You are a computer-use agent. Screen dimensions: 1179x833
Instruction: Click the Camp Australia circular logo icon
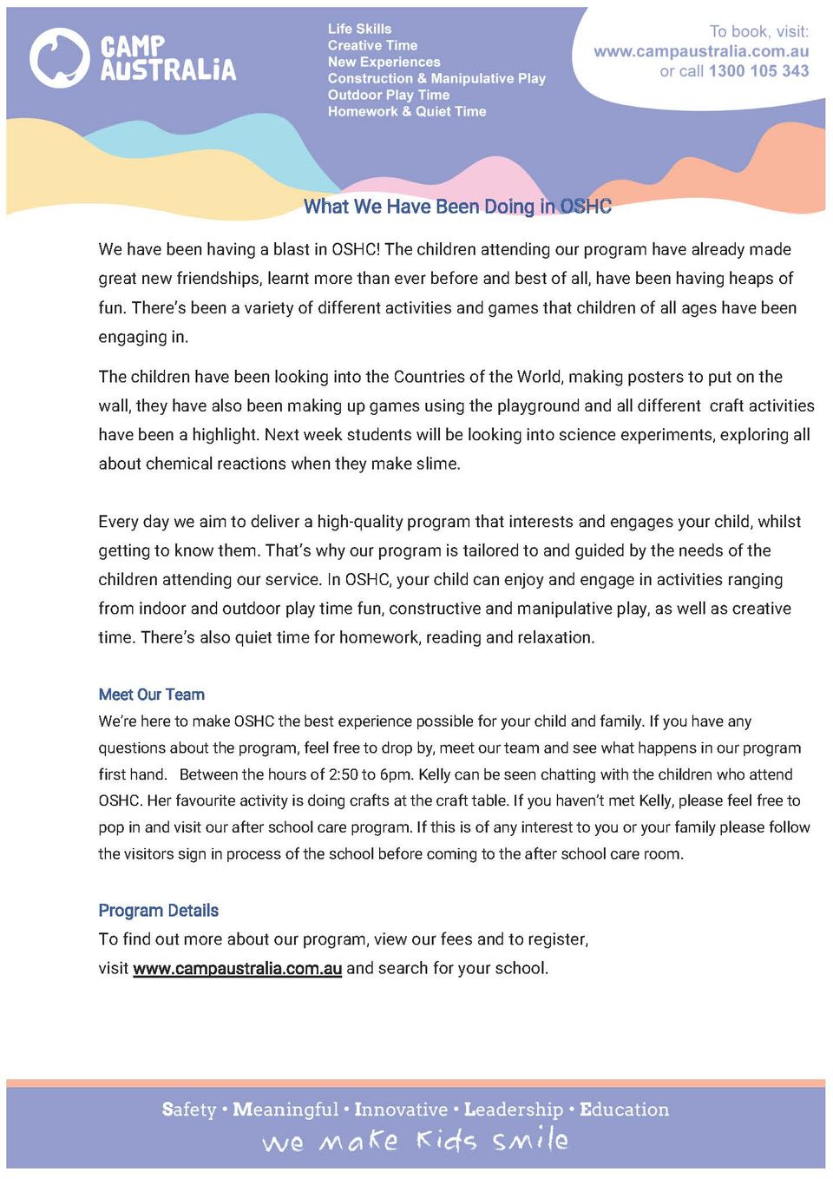click(59, 58)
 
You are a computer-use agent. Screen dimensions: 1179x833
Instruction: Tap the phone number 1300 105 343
click(758, 71)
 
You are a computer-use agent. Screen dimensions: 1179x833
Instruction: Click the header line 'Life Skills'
click(359, 29)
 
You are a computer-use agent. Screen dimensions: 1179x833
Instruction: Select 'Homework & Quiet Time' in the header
click(406, 111)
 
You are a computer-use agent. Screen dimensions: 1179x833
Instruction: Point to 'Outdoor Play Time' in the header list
click(388, 95)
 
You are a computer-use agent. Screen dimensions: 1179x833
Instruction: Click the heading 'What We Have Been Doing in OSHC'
click(457, 207)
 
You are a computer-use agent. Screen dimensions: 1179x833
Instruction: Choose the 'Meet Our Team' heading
click(152, 695)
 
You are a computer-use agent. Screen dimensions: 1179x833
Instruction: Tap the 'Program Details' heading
click(158, 910)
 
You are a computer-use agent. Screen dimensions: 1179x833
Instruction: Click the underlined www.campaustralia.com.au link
click(237, 968)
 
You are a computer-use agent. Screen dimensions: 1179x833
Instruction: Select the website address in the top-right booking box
click(701, 51)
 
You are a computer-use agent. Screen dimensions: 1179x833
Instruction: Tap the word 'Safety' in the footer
click(188, 1110)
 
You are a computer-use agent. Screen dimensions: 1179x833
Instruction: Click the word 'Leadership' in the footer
click(514, 1110)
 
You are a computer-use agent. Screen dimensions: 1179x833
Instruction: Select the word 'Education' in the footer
click(624, 1110)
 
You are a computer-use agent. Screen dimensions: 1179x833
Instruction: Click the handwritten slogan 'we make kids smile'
click(416, 1140)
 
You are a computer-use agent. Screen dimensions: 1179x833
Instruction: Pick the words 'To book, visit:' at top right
click(758, 31)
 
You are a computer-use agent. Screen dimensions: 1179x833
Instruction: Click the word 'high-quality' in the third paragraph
click(361, 522)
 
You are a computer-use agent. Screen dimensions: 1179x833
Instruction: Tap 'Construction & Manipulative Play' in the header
click(436, 78)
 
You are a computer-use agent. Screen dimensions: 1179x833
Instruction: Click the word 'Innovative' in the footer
click(401, 1110)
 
